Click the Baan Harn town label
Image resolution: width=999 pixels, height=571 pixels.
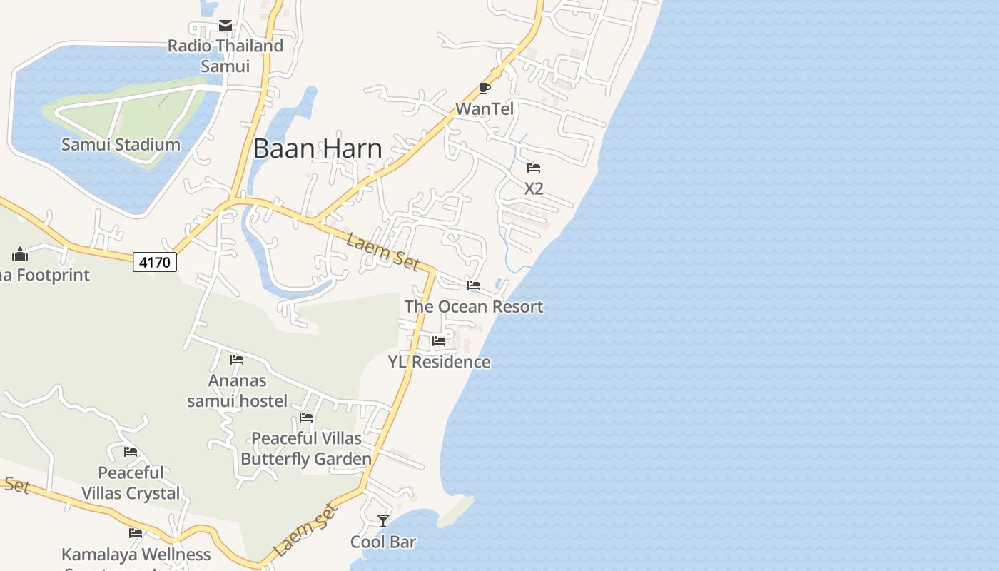(318, 148)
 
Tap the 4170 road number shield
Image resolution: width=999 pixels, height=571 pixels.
(155, 262)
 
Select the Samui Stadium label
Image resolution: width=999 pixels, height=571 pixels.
(121, 145)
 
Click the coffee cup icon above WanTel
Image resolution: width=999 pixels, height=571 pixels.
(485, 89)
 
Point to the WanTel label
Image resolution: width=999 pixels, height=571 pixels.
(485, 109)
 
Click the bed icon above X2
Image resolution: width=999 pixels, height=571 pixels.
(534, 168)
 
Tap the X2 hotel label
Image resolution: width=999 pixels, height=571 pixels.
(534, 188)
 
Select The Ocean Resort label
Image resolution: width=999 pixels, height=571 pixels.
(474, 307)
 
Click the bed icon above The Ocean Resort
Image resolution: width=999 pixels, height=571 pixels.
(474, 285)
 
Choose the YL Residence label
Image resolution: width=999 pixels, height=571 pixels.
(440, 362)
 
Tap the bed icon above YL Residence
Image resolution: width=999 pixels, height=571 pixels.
(439, 341)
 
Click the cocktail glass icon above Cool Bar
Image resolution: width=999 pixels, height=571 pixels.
(383, 521)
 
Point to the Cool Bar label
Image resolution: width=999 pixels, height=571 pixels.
(383, 542)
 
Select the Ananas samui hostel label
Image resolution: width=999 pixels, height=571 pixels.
(238, 390)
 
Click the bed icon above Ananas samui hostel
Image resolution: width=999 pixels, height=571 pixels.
(237, 359)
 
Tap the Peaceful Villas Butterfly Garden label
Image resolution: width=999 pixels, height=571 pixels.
(306, 448)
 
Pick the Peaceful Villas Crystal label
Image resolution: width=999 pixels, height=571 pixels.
(131, 482)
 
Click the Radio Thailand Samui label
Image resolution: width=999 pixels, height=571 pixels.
(225, 56)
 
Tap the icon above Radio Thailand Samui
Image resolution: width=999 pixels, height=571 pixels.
(225, 26)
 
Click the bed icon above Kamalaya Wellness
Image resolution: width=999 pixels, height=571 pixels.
(136, 533)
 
